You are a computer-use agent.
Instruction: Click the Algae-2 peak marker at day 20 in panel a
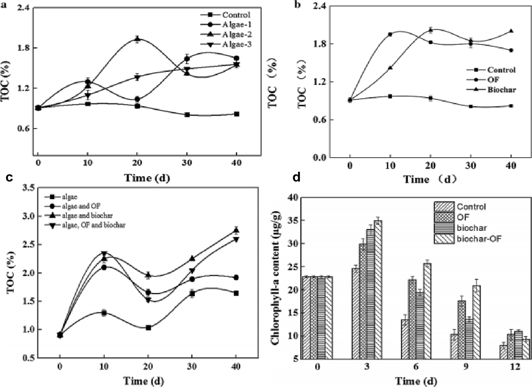point(137,39)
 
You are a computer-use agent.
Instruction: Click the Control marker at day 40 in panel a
point(237,114)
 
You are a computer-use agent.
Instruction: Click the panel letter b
point(298,5)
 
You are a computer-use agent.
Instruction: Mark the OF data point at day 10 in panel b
point(390,34)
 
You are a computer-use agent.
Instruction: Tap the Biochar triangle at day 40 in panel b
point(511,31)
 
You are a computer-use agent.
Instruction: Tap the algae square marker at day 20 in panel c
point(148,328)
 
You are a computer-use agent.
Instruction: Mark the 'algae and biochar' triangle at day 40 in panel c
point(236,230)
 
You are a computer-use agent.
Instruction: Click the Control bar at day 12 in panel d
point(503,352)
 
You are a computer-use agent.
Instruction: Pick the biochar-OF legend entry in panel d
point(471,239)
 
